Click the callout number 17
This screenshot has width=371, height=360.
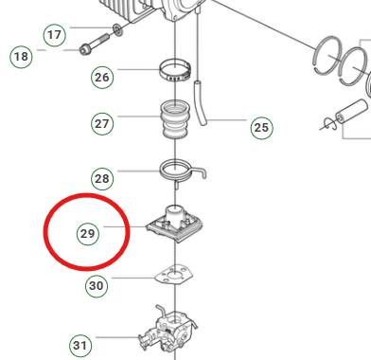54,35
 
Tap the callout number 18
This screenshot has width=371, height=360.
22,57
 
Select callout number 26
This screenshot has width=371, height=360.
102,78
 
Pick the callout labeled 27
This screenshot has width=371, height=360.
102,124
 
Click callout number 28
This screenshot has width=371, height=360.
102,179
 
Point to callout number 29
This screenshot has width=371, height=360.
88,234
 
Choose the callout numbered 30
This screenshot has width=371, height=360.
97,286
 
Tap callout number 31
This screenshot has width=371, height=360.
80,346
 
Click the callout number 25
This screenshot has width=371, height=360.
261,128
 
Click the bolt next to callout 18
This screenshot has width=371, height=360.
95,45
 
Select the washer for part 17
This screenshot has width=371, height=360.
117,29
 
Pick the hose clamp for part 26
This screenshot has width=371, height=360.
175,71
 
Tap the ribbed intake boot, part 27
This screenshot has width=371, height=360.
175,120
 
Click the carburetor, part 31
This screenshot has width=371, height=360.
168,332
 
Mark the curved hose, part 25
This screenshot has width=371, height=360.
200,103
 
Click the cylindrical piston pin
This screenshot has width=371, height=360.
351,116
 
